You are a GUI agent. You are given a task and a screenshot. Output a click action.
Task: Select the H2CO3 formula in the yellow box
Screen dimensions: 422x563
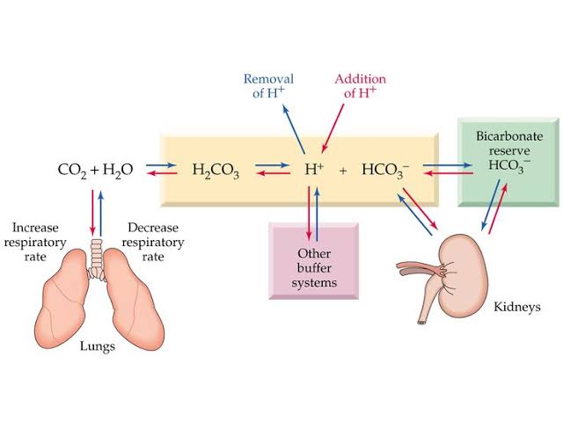215,170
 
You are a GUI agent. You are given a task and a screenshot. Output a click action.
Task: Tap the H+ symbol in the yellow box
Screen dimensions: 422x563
314,169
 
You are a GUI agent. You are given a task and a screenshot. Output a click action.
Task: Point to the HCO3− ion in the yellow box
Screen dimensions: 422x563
384,170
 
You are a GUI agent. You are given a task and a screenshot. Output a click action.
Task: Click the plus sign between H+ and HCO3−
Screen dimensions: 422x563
343,170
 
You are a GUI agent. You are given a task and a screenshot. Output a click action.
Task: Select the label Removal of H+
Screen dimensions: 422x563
268,86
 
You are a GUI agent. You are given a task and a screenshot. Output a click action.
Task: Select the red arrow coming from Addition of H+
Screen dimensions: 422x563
330,128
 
